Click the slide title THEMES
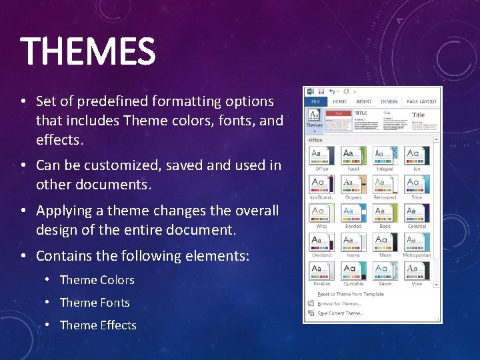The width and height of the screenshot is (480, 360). click(88, 52)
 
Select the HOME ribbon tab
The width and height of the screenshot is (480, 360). click(339, 102)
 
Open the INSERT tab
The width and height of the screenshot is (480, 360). click(364, 102)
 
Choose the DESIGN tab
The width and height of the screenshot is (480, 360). click(389, 102)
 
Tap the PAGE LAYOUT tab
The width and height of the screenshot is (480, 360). click(421, 102)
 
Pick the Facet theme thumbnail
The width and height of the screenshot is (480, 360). click(353, 156)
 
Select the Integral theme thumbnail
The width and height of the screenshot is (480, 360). click(385, 156)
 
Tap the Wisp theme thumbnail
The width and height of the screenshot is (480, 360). click(322, 213)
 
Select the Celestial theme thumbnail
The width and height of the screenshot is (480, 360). click(417, 213)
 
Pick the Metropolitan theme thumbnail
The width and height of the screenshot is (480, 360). click(417, 242)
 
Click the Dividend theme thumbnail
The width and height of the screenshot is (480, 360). click(322, 242)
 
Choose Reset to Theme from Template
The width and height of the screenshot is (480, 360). click(350, 294)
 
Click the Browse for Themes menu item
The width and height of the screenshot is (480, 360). click(339, 303)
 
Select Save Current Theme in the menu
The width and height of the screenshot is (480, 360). click(340, 313)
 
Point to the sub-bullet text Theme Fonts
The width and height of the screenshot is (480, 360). click(95, 303)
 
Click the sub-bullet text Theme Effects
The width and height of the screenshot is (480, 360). click(98, 325)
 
